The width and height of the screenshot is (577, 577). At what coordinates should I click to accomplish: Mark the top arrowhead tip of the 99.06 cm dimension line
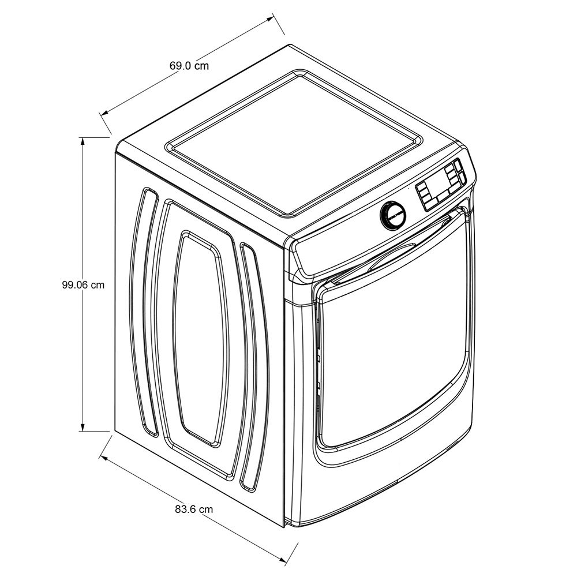[x=83, y=137]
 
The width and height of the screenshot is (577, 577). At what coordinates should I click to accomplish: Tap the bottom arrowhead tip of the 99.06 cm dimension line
[x=83, y=431]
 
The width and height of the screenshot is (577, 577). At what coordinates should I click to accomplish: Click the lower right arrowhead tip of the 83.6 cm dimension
[x=286, y=562]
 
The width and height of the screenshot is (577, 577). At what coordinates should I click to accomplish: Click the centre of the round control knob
[x=392, y=215]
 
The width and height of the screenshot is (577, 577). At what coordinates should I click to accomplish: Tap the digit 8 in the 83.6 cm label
[x=178, y=509]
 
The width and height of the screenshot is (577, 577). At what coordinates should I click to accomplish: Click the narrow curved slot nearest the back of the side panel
[x=145, y=312]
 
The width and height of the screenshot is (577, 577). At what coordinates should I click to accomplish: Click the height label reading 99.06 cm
[x=83, y=285]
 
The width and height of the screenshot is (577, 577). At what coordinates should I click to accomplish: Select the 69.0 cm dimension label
[x=189, y=66]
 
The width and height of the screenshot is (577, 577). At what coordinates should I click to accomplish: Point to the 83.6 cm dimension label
[x=193, y=509]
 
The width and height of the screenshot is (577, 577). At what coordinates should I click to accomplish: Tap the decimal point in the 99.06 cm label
[x=74, y=288]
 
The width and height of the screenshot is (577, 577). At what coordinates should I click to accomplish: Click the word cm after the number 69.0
[x=201, y=66]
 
